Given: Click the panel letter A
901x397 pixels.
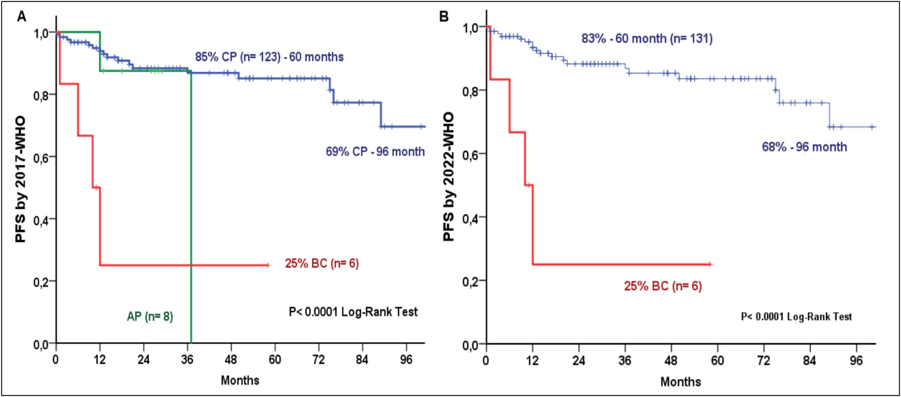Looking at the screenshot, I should coord(22,17).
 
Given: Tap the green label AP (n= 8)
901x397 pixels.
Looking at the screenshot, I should coord(150,317).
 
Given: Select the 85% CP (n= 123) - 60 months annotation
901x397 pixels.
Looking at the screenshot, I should coord(269,57).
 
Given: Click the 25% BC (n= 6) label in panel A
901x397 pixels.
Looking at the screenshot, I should coord(322,263).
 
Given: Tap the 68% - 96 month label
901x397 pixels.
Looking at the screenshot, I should coord(805,147).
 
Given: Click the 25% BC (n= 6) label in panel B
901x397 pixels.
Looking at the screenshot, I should coord(663,286).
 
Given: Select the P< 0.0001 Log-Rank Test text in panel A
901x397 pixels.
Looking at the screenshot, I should coord(353,312).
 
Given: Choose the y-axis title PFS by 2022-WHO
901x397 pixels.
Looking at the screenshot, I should coord(448,177).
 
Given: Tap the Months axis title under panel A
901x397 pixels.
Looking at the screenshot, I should coord(240,380).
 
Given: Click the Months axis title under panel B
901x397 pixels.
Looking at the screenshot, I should coord(681,382).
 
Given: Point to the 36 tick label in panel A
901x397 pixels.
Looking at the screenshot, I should coord(187,359).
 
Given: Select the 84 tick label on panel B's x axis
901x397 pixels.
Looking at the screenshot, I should coord(809,360).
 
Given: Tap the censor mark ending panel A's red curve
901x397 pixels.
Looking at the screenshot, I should coord(268,265).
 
